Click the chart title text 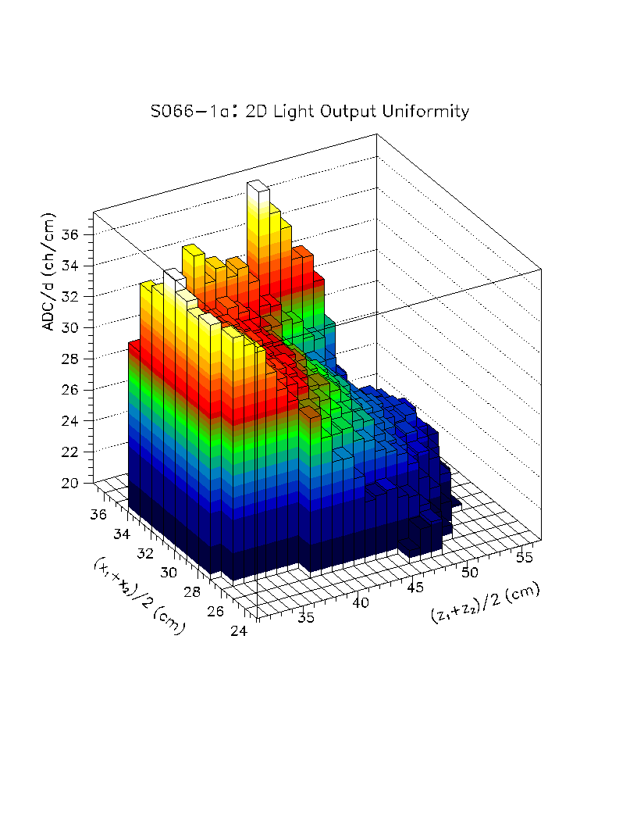(310, 112)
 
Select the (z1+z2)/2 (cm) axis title (485, 604)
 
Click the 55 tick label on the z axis (525, 557)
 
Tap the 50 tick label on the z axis (471, 573)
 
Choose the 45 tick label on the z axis (415, 587)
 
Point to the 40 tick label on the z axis (360, 603)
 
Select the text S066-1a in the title (183, 112)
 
